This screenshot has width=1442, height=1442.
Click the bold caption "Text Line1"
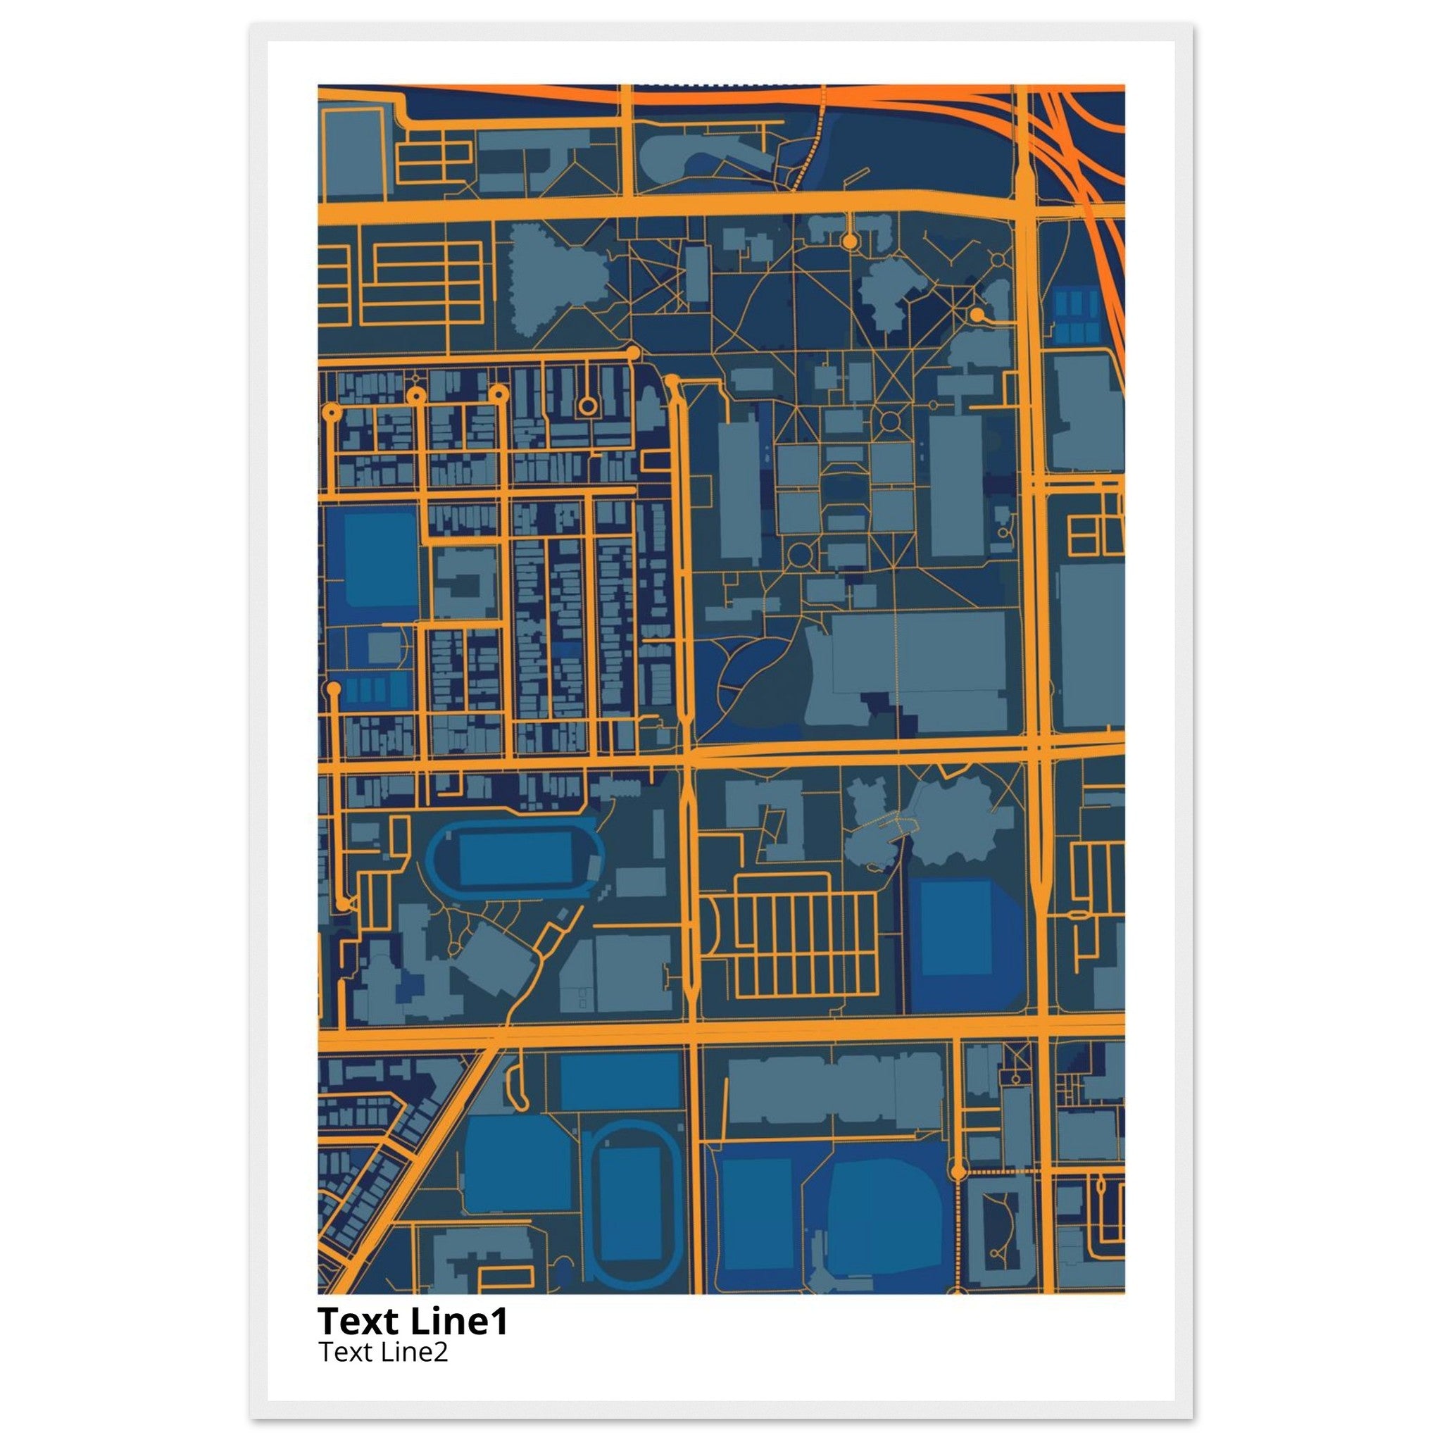412,1321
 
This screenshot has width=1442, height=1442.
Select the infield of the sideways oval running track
515,859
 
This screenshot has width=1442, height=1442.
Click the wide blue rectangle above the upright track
620,1081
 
